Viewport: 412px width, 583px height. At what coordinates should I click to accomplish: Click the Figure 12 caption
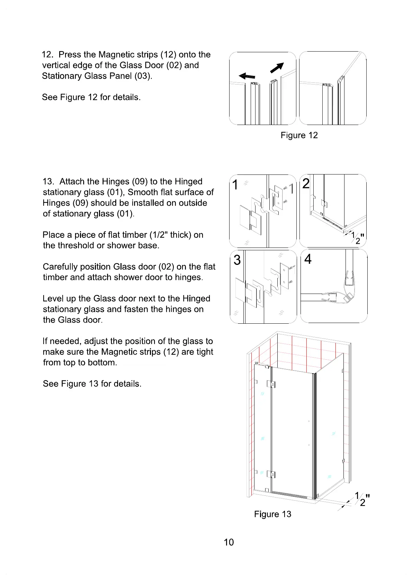pos(299,135)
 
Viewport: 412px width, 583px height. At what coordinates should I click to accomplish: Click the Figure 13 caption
pos(272,514)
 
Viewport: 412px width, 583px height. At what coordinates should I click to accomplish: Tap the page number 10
pos(229,542)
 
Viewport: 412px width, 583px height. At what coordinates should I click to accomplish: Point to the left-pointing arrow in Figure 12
pos(247,76)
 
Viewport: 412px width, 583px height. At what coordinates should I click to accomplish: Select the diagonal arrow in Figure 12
pos(277,68)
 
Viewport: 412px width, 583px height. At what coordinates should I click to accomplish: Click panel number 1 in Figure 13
pos(235,185)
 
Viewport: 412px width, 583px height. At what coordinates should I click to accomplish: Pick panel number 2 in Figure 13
pos(306,183)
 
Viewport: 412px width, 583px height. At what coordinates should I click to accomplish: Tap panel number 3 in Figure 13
pos(237,260)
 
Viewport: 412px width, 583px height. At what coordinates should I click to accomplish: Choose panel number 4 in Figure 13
pos(307,259)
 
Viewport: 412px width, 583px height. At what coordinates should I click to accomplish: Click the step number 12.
pos(47,55)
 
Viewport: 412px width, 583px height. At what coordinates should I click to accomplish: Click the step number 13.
pos(48,182)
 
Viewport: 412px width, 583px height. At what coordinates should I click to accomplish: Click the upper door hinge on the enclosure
pos(271,384)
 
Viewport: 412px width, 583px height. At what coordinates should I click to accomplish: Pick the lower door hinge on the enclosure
pos(271,474)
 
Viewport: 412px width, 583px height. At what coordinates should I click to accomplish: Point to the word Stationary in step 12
pos(60,76)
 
